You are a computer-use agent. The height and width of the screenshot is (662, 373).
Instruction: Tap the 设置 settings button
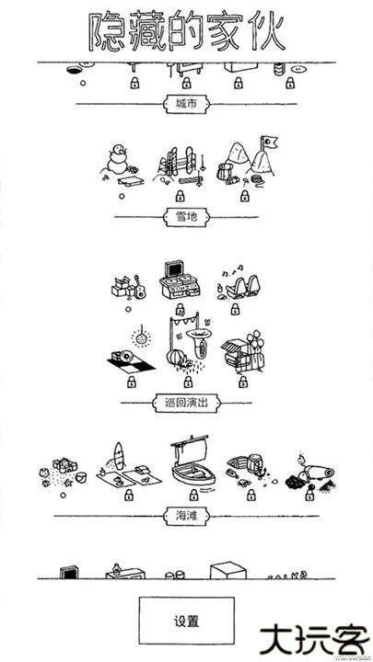coord(186,621)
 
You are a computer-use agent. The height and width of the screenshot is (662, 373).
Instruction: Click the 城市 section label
coord(185,104)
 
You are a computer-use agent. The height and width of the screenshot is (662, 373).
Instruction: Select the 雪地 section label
coord(185,219)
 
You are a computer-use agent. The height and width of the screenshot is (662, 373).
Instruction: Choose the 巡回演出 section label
coord(185,402)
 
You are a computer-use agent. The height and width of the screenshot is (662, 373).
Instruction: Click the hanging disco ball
coord(141,336)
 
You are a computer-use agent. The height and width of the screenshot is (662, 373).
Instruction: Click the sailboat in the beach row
coord(192,463)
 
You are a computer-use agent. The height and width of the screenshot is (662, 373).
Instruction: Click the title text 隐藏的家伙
coord(185,31)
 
